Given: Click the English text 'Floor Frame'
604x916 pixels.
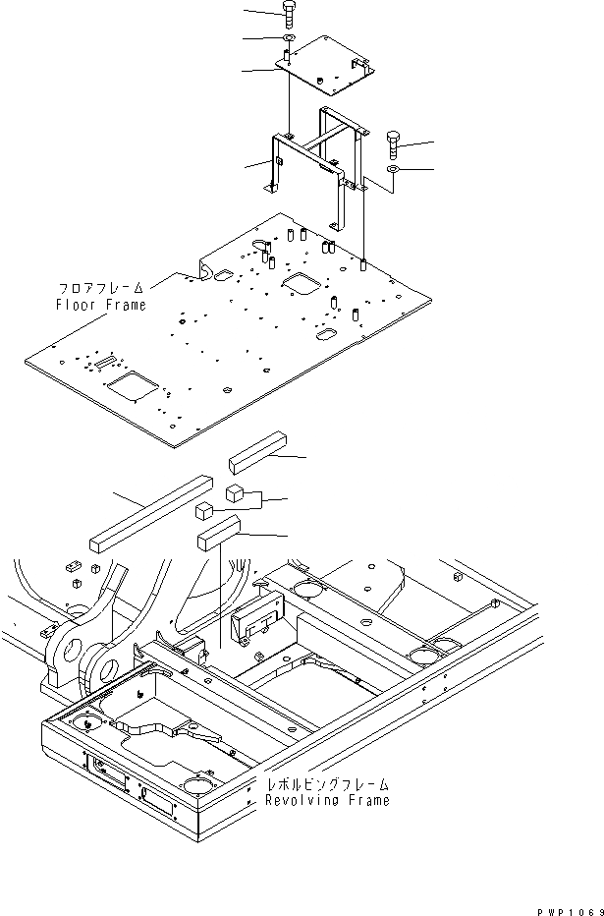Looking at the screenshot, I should point(100,305).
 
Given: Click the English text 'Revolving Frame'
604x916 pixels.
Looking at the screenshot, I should point(327,800).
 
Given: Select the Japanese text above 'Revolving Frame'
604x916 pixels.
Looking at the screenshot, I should point(327,784).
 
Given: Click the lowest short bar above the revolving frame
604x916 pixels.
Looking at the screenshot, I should point(218,536).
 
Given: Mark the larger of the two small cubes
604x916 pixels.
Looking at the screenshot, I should point(236,492).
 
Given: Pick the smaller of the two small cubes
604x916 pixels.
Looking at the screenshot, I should point(204,509).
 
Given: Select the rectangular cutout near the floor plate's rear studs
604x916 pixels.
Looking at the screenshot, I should point(300,282).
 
